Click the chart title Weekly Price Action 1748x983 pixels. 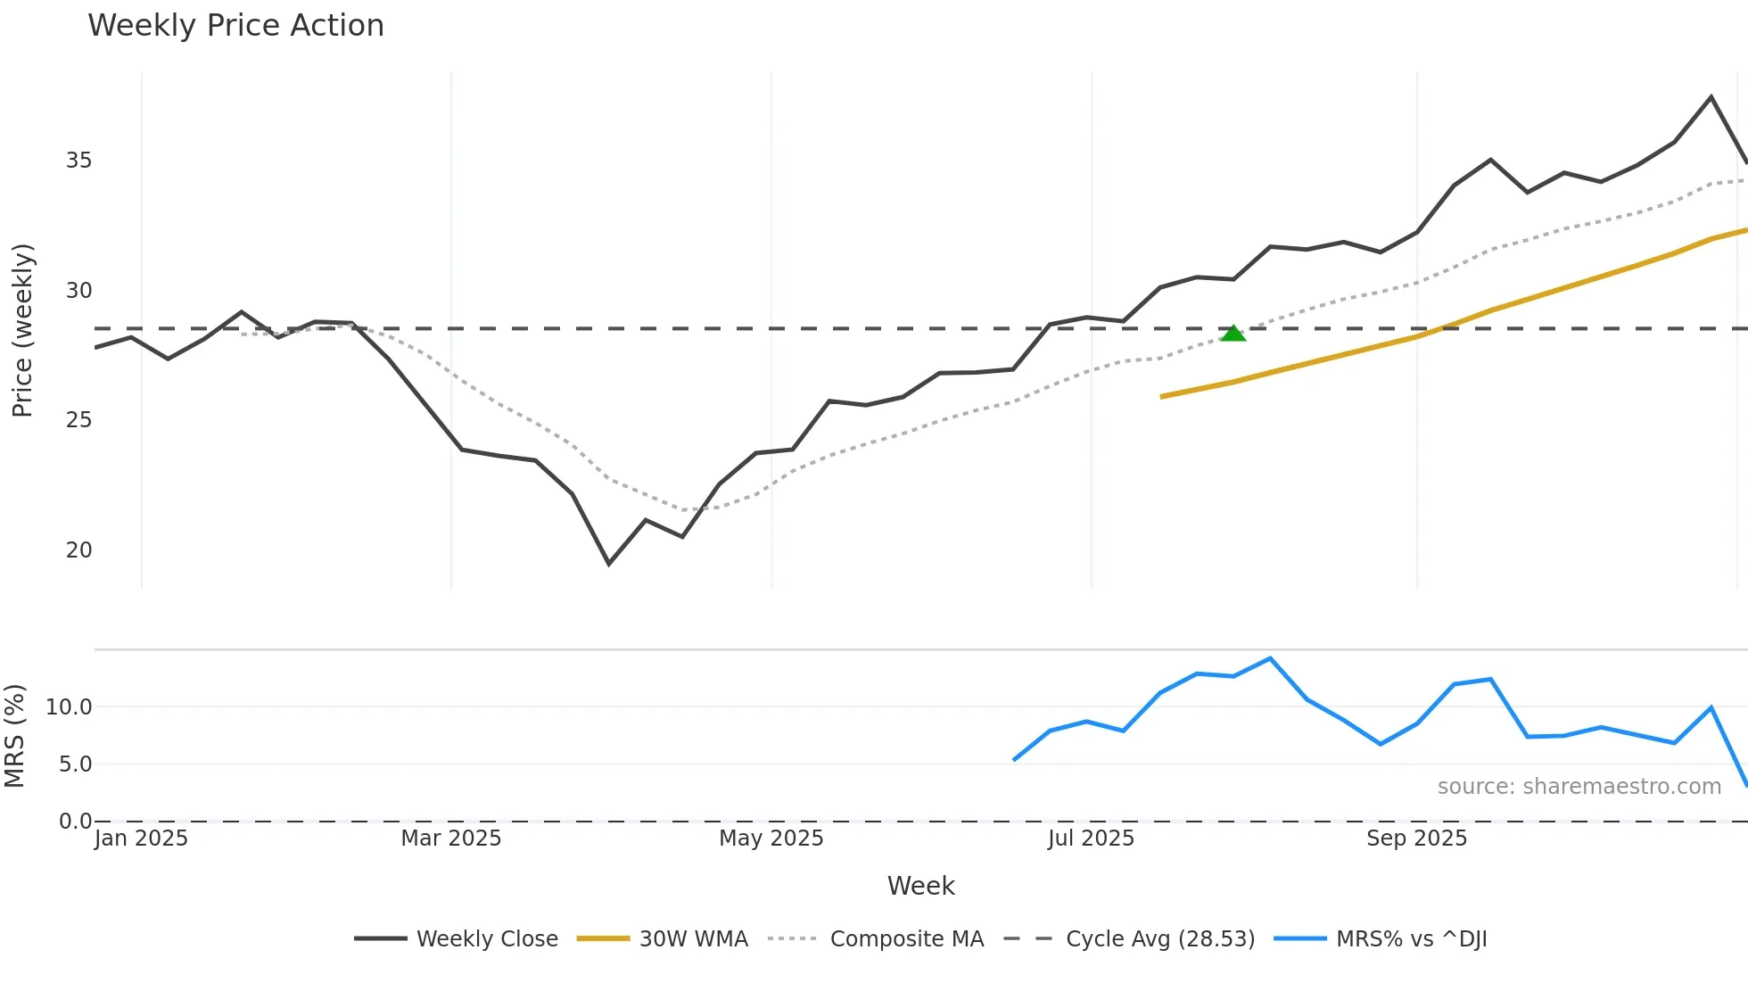point(235,26)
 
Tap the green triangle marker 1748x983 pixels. point(1233,334)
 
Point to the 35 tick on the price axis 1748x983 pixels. point(78,161)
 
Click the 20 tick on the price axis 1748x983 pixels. point(78,550)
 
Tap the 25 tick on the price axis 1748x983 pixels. point(78,420)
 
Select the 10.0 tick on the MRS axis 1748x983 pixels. point(69,707)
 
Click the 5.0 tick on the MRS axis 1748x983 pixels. point(75,764)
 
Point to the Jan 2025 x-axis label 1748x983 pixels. point(141,838)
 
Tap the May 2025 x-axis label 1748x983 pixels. point(771,838)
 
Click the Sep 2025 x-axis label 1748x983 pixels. point(1416,838)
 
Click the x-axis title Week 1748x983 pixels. point(920,886)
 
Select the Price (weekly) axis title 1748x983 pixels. point(22,330)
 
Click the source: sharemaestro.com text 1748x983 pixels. point(1579,787)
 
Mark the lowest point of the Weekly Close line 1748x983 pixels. point(609,564)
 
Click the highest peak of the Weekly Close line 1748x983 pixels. point(1711,96)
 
